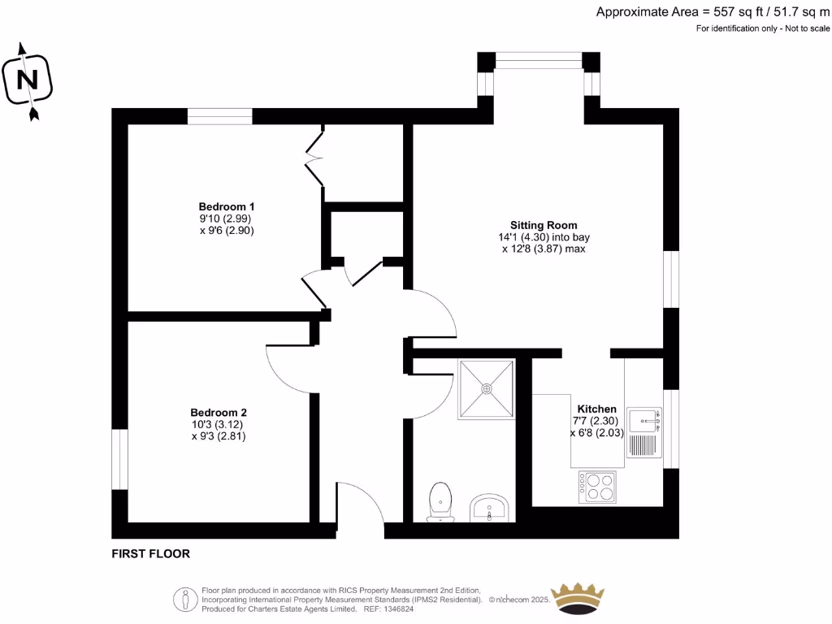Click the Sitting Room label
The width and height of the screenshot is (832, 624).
[544, 225]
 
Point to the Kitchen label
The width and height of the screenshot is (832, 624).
[596, 409]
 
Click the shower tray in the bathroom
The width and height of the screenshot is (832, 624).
[487, 388]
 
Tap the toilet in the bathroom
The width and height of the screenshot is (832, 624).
[440, 500]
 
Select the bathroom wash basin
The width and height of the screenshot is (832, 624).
[489, 508]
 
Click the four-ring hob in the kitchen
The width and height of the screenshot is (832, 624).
[596, 486]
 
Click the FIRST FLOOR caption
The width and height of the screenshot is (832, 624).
[150, 554]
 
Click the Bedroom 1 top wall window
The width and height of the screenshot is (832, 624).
[219, 116]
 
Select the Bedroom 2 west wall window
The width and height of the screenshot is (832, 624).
[119, 459]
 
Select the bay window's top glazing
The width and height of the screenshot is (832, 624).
[538, 59]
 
